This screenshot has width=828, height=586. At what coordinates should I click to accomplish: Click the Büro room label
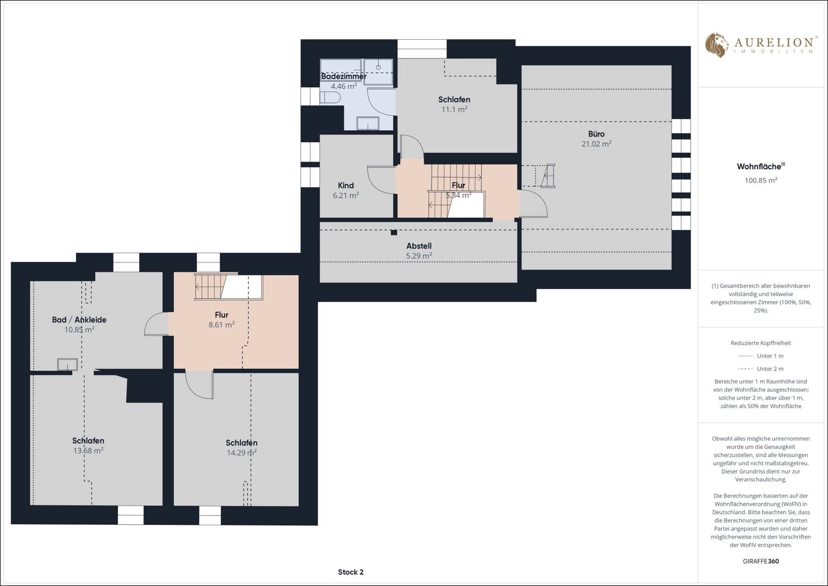point(596,134)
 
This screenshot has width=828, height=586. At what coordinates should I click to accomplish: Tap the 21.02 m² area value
point(596,144)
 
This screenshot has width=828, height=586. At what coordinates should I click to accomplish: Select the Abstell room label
point(419,246)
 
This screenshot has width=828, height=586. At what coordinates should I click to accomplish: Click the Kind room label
point(346,186)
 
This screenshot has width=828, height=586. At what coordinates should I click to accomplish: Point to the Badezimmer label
point(344,76)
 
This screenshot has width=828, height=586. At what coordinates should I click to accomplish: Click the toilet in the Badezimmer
point(330,98)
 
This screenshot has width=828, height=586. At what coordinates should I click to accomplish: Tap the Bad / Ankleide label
point(79,320)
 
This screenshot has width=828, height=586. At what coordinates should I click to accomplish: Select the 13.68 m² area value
point(88,451)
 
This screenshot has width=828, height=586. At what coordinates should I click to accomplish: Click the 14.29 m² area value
point(241,453)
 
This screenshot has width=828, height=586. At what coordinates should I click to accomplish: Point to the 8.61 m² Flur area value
point(222,325)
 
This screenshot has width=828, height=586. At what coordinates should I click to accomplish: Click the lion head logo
point(716,45)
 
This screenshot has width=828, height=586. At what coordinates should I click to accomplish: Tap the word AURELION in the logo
point(773,42)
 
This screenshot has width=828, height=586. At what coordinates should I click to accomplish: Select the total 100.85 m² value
point(761,180)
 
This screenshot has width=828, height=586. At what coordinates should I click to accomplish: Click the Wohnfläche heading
point(761,166)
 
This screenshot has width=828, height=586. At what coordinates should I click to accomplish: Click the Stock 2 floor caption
point(351,572)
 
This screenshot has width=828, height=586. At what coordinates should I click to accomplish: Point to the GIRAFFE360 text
point(761,561)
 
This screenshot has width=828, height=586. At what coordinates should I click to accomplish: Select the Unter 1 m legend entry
point(761,356)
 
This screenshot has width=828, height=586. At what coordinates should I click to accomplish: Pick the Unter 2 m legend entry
point(761,369)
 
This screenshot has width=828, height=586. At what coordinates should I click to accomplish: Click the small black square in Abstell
point(394,233)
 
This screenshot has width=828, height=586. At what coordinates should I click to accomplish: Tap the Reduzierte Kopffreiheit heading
point(761,343)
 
